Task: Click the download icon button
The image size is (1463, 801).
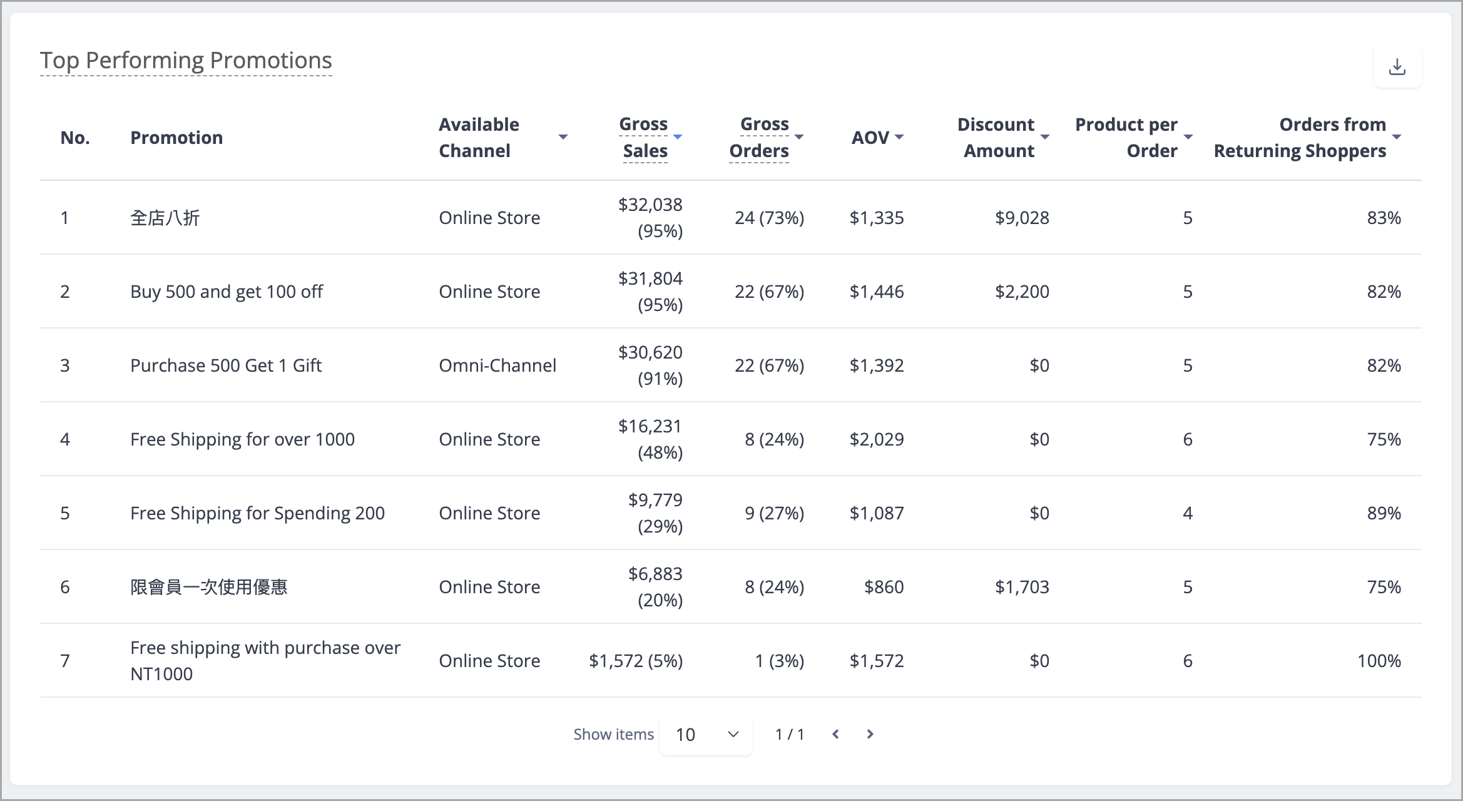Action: (1397, 66)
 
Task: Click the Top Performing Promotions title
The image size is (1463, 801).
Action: (186, 60)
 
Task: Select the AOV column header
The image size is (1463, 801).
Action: (870, 138)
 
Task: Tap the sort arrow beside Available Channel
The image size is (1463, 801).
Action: (563, 137)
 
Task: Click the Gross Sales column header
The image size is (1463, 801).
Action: (645, 138)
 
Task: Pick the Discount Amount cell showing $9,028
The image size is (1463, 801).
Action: (1022, 218)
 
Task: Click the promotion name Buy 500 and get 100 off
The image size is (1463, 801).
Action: (227, 292)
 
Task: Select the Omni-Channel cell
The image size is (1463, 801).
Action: (497, 365)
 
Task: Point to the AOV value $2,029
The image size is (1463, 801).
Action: (877, 439)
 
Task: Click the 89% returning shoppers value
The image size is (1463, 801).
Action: (1384, 513)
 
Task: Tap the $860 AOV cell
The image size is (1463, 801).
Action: (884, 587)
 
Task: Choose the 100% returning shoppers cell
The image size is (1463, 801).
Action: (1379, 661)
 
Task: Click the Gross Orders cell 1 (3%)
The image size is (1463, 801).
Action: (779, 661)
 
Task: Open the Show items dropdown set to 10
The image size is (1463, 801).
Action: (706, 735)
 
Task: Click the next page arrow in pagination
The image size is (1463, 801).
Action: (870, 734)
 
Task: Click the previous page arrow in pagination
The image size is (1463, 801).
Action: (835, 734)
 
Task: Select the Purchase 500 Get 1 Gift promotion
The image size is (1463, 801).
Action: (226, 365)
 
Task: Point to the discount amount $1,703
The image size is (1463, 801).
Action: (1022, 587)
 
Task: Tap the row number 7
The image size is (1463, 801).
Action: (65, 661)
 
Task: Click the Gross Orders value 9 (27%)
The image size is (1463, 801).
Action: (774, 513)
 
